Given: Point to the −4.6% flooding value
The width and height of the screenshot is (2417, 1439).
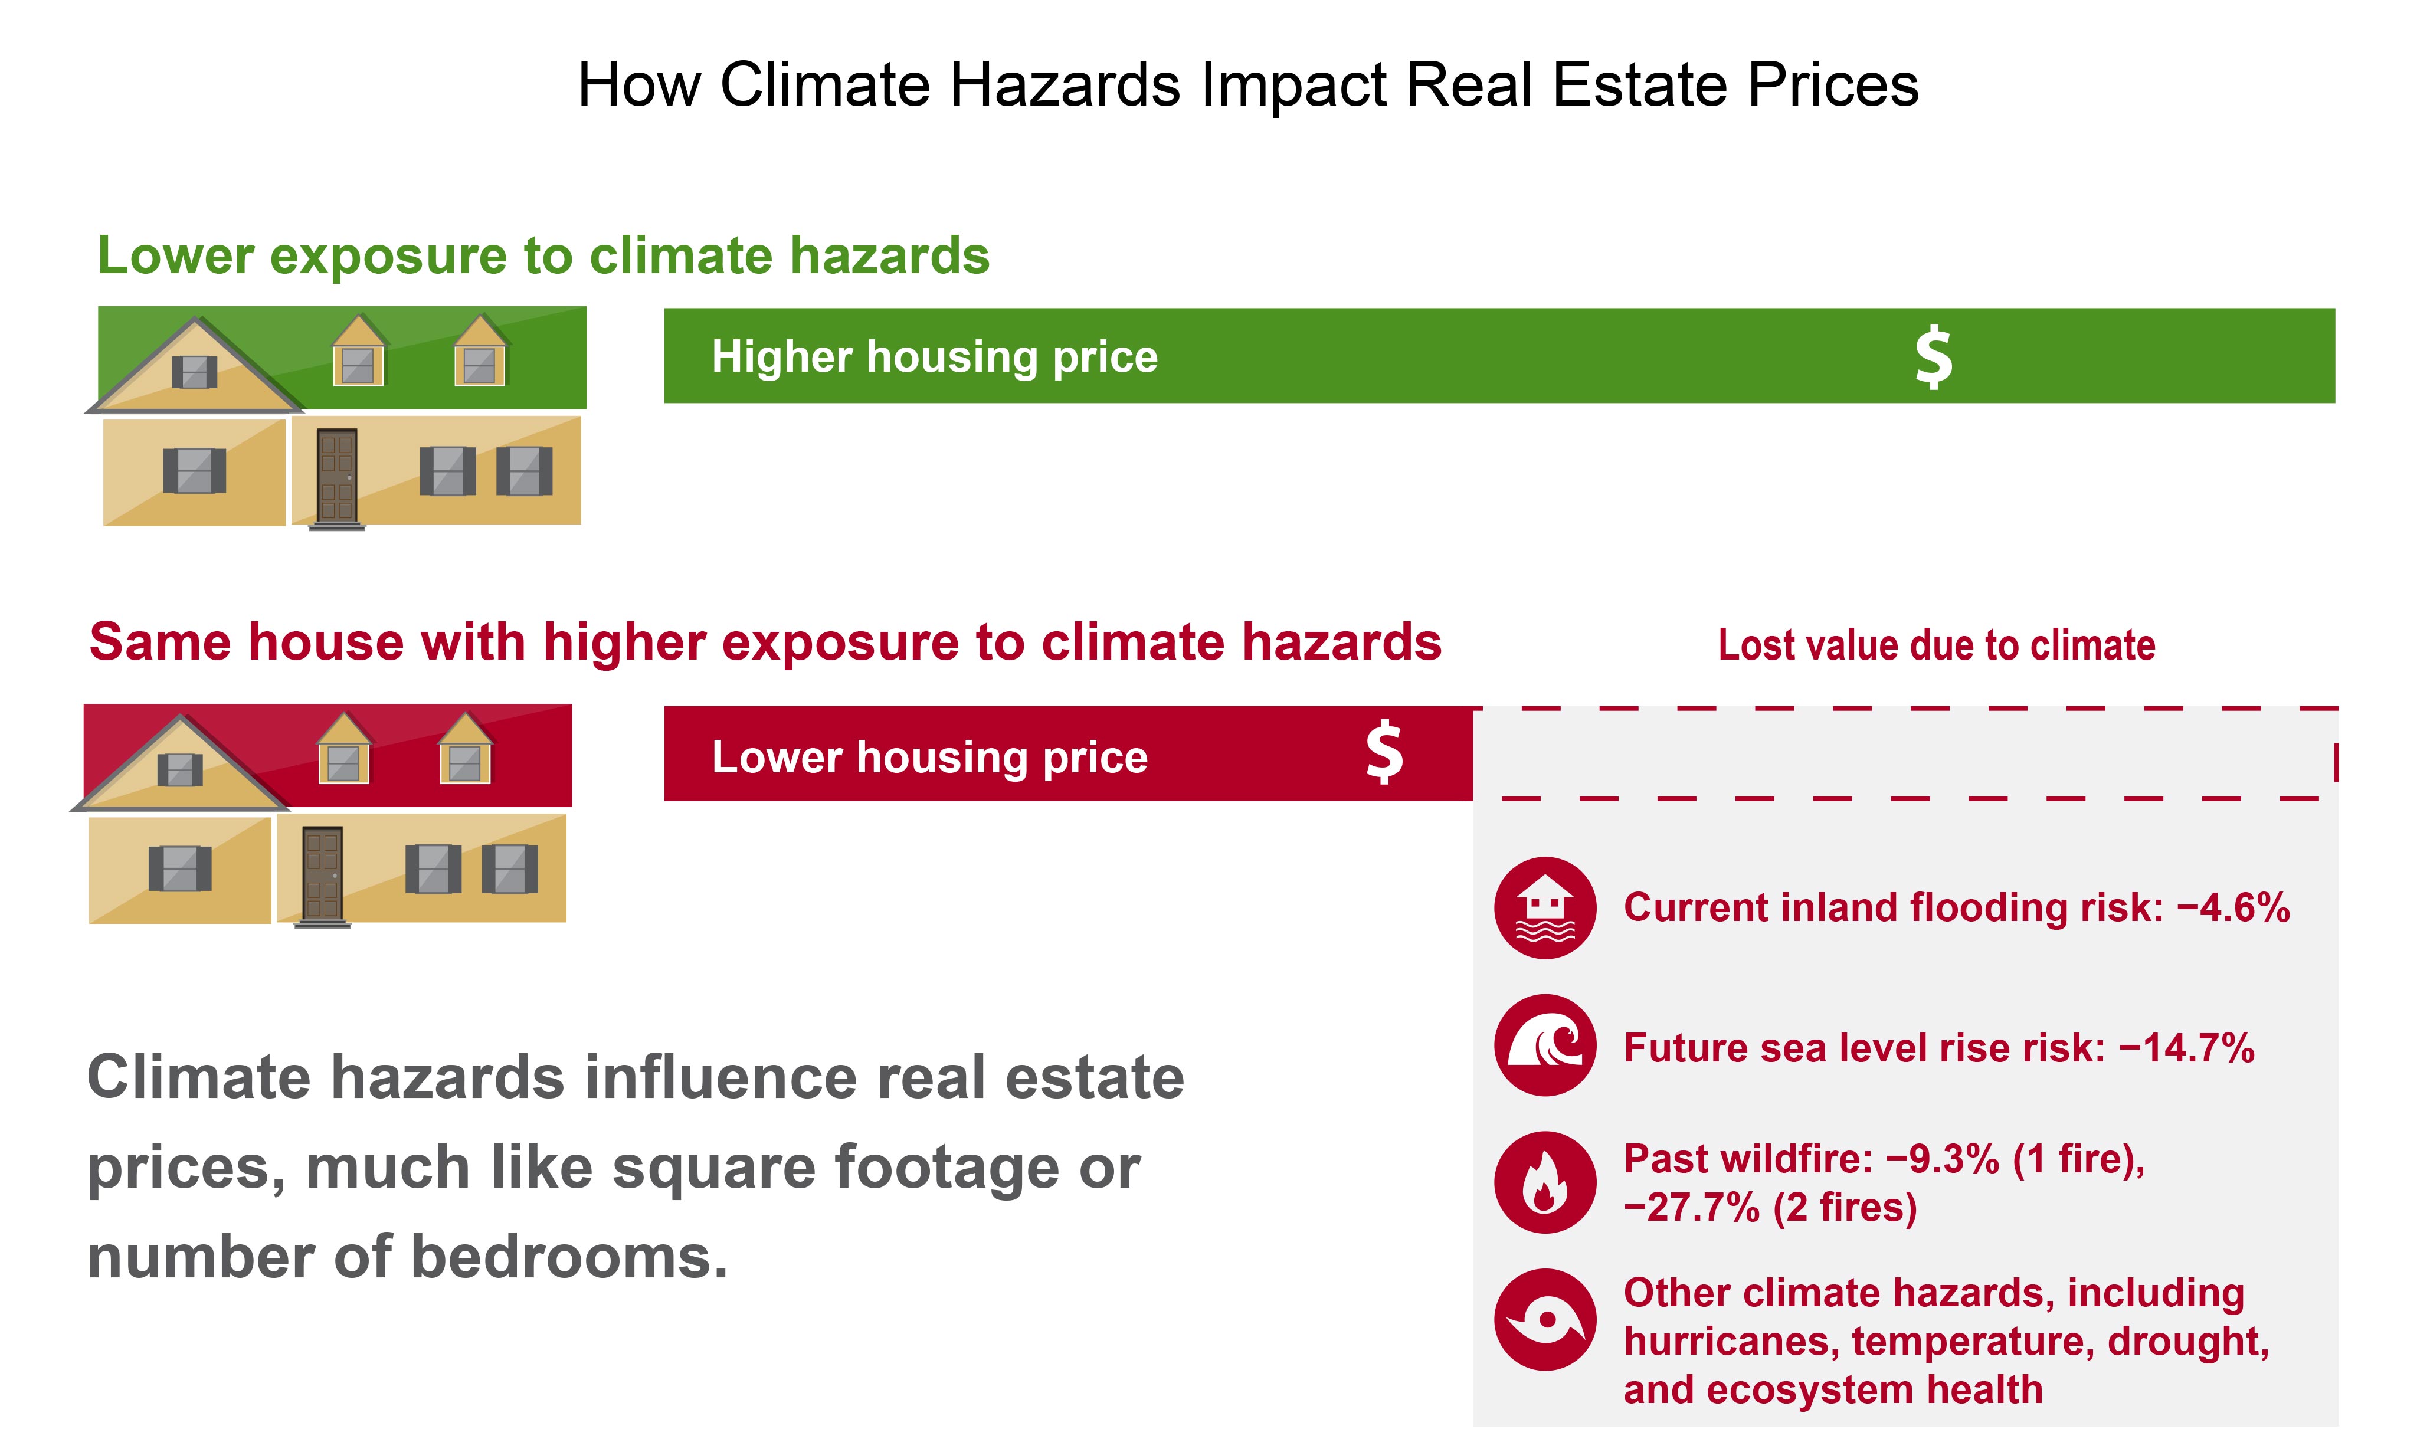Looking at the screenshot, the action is coord(2233,907).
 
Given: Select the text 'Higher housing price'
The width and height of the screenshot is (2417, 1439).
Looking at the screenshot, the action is coord(935,357).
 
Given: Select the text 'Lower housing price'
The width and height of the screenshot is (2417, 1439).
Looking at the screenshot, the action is coord(930,758).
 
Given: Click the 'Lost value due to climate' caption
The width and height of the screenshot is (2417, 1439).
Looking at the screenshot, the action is coord(1936,645).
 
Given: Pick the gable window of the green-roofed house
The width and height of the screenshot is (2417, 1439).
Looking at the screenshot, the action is coord(194,371).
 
